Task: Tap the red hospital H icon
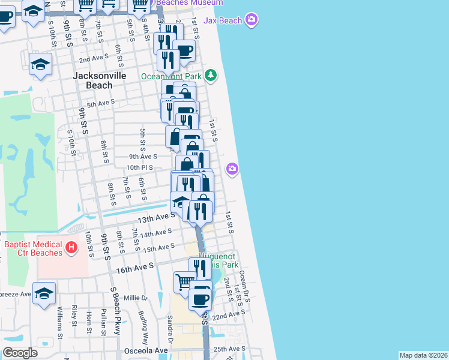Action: point(71,247)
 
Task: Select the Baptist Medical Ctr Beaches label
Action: point(34,248)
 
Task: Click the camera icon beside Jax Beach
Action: point(252,20)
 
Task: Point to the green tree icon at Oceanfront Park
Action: point(210,76)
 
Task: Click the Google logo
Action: point(20,353)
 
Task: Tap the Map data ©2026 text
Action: point(423,355)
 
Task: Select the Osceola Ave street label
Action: point(145,350)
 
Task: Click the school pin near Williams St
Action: point(44,293)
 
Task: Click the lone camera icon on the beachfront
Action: point(233,170)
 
